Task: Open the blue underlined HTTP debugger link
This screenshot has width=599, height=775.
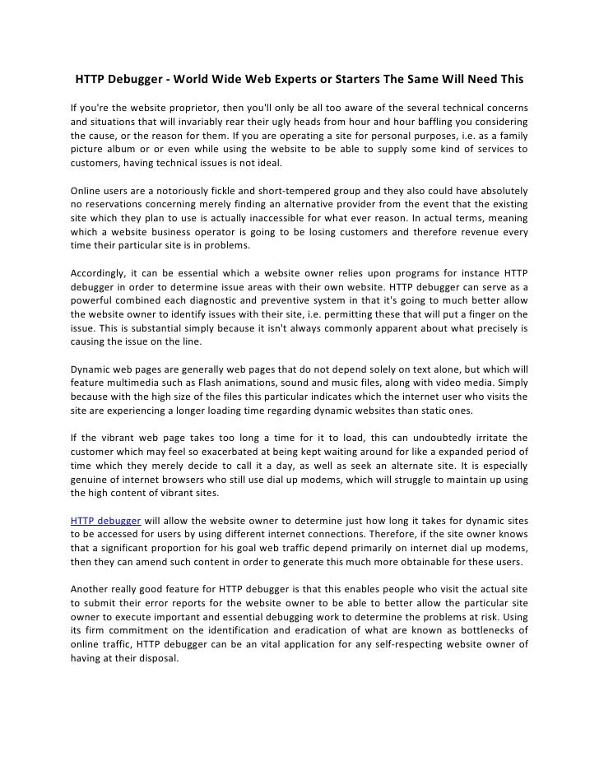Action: [x=105, y=522]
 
